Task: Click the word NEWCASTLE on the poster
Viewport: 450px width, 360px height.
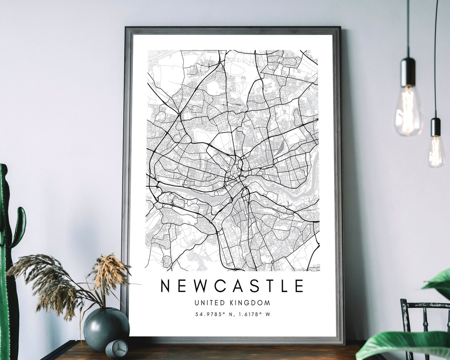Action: coord(232,286)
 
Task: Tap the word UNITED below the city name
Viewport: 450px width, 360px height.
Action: coord(207,303)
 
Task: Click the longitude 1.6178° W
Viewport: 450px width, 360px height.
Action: coord(252,314)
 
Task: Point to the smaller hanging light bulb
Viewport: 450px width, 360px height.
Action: coord(436,152)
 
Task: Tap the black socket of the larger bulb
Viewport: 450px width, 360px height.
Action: coord(408,71)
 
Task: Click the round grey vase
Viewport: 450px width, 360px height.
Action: coord(106,329)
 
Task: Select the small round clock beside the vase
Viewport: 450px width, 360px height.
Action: coord(117,348)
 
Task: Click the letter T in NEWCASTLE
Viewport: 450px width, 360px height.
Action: coord(265,286)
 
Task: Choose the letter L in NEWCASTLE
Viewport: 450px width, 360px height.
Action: coord(282,286)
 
